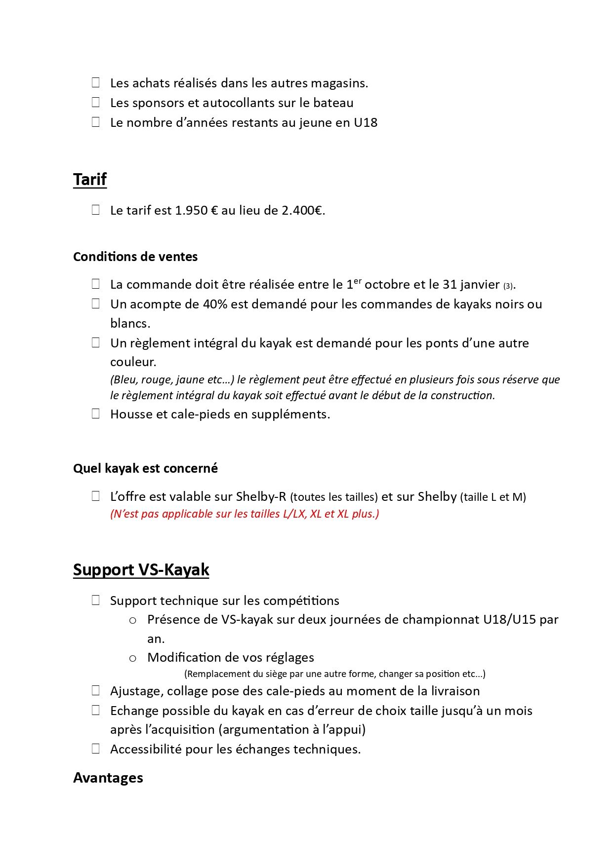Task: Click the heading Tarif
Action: click(x=90, y=179)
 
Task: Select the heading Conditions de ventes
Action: click(x=135, y=257)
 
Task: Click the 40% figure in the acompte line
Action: click(x=214, y=304)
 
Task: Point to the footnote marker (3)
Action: click(x=508, y=286)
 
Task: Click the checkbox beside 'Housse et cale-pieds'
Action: click(x=96, y=414)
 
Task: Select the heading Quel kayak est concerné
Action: click(x=145, y=468)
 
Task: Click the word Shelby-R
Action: click(x=261, y=496)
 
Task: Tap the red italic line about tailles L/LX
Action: click(x=245, y=514)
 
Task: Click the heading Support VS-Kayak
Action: click(x=141, y=569)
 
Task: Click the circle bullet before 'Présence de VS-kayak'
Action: click(x=132, y=620)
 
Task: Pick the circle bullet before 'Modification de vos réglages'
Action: click(x=132, y=658)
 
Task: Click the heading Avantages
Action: click(x=108, y=778)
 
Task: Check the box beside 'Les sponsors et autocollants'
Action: click(x=96, y=102)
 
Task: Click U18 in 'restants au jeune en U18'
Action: click(x=366, y=122)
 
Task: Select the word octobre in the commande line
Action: click(x=387, y=285)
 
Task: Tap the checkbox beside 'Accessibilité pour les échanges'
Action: click(x=96, y=749)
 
